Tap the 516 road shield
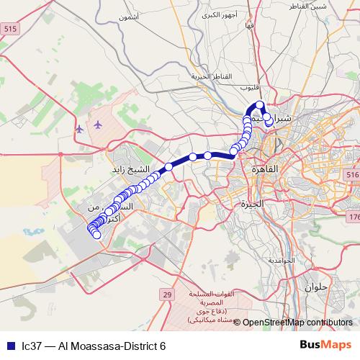[351, 176]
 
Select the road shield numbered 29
[166, 295]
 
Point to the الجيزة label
[253, 204]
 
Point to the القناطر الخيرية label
[210, 76]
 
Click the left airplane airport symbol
[78, 128]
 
